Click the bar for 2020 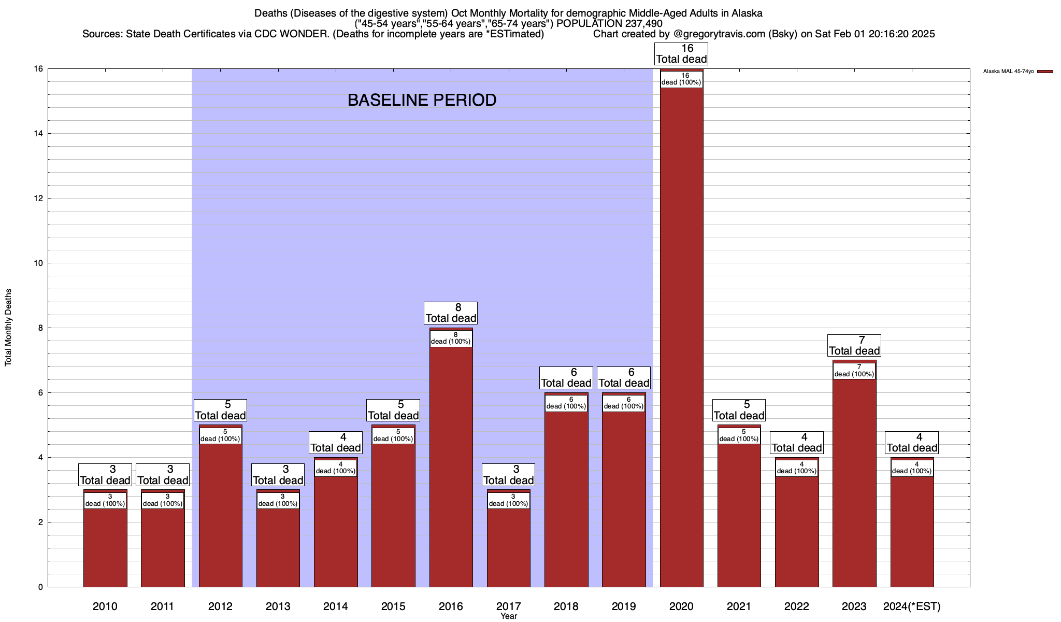click(681, 337)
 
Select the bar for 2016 click(451, 466)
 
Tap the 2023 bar click(854, 482)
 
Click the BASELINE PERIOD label click(422, 100)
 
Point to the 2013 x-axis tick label click(278, 606)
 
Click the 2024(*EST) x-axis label click(912, 606)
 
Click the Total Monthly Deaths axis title click(8, 328)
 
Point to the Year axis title click(509, 616)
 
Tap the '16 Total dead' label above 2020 click(681, 54)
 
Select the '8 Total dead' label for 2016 click(451, 313)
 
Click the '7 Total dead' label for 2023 click(854, 346)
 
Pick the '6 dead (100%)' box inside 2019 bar click(624, 403)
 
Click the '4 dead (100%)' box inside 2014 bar click(336, 468)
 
